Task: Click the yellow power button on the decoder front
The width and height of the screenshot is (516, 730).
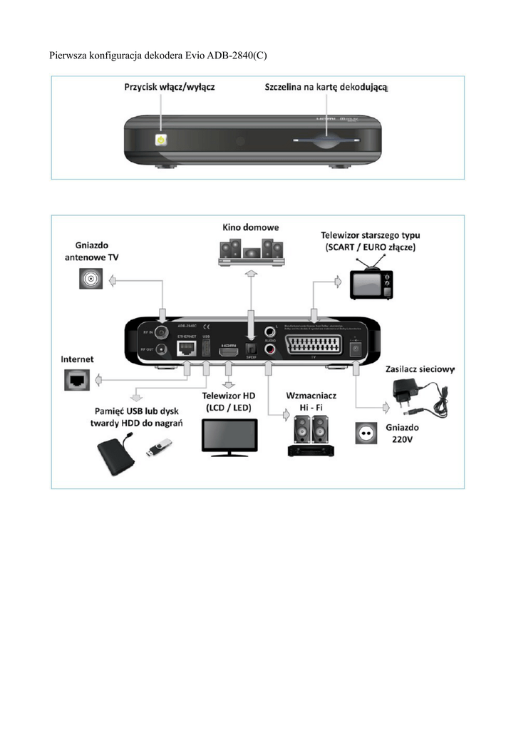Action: pyautogui.click(x=162, y=139)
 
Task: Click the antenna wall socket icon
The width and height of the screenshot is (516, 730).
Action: pyautogui.click(x=91, y=277)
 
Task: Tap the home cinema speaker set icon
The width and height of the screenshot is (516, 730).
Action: pyautogui.click(x=249, y=252)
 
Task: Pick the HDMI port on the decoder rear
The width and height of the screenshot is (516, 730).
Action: pyautogui.click(x=229, y=351)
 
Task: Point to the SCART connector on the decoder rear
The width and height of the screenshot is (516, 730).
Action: pyautogui.click(x=312, y=349)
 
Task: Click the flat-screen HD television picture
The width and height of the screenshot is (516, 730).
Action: pyautogui.click(x=229, y=436)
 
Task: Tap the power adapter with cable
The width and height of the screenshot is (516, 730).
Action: pyautogui.click(x=420, y=401)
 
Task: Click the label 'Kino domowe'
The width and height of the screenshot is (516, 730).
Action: pyautogui.click(x=250, y=227)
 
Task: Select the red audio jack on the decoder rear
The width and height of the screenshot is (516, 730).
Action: pyautogui.click(x=270, y=349)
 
